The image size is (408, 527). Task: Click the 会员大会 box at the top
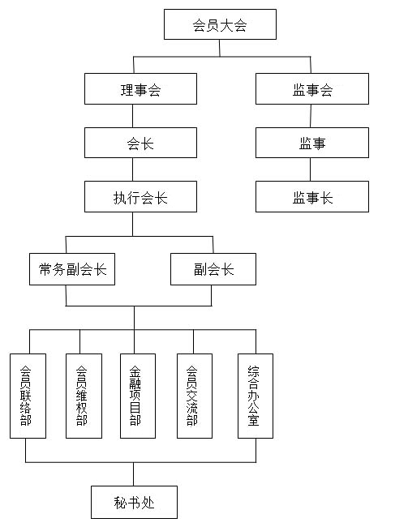(220, 24)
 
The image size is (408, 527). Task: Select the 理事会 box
(140, 88)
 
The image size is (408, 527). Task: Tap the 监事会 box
(312, 88)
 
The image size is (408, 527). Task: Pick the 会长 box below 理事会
(140, 143)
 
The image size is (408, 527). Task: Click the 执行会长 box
(140, 197)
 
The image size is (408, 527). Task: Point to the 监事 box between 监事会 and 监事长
(312, 143)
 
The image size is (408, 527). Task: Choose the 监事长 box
(312, 197)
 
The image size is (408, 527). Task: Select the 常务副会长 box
(72, 269)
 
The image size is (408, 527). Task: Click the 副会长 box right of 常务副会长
(213, 269)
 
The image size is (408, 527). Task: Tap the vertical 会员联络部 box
(28, 396)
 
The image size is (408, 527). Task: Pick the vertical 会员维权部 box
(84, 396)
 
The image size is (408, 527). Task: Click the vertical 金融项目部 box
(138, 396)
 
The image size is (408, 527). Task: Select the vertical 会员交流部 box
(195, 396)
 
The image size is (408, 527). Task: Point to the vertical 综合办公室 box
(256, 396)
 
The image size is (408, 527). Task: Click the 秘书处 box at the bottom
(134, 502)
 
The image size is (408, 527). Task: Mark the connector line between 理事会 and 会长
(132, 116)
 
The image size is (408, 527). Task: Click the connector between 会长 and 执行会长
(132, 169)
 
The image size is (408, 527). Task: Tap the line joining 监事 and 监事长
(310, 169)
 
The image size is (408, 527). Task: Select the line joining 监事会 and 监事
(311, 116)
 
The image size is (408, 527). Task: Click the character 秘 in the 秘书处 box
(120, 503)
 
